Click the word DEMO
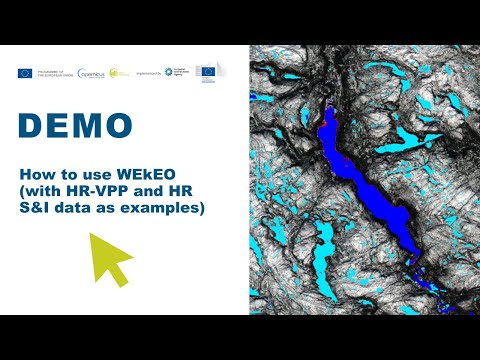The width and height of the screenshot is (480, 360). point(75,125)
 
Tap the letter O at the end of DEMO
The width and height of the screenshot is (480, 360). point(118,125)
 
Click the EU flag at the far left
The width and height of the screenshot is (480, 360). point(24,72)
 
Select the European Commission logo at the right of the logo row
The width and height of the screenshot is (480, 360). point(207,72)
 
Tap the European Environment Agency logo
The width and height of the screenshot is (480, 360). point(177,72)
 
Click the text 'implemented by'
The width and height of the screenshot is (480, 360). point(148,73)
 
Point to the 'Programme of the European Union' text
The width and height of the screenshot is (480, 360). point(50,72)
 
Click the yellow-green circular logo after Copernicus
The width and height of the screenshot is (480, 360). point(117,72)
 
